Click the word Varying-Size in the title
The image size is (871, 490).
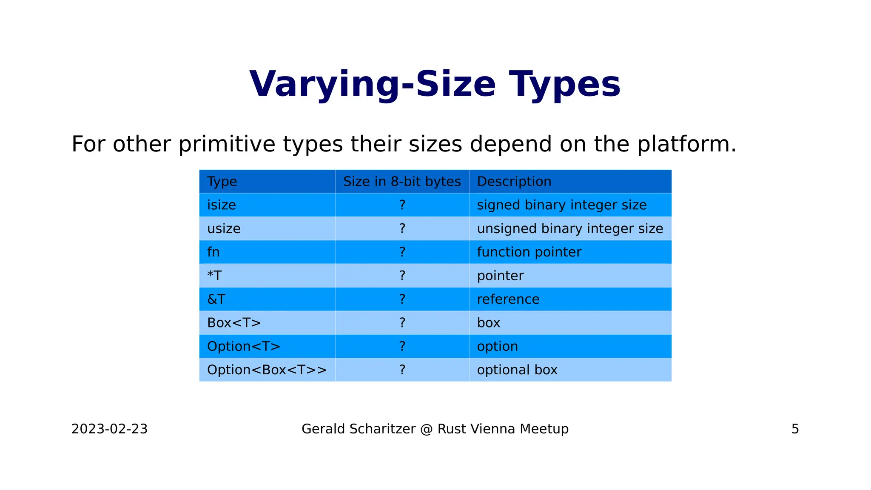coord(372,84)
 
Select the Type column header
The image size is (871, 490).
coord(222,182)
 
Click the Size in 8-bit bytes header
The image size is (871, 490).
coord(402,182)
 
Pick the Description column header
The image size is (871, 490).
coord(514,182)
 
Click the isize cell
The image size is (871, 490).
coord(222,205)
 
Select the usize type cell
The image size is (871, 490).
coord(224,229)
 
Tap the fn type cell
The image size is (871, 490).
coord(213,252)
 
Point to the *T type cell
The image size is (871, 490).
coord(214,276)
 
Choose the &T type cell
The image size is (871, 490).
coord(216,299)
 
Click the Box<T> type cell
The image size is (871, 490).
coord(234,323)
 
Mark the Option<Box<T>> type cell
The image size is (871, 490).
coord(267,370)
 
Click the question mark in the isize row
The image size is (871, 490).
coord(402,205)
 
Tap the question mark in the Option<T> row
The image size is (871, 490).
coord(402,347)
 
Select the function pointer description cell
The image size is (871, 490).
coord(529,252)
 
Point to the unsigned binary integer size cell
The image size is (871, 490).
coord(570,229)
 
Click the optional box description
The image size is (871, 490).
coord(517,370)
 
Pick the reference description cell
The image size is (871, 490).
coord(508,299)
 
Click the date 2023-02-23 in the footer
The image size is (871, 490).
coord(109,429)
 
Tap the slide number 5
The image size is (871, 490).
coord(795,429)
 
